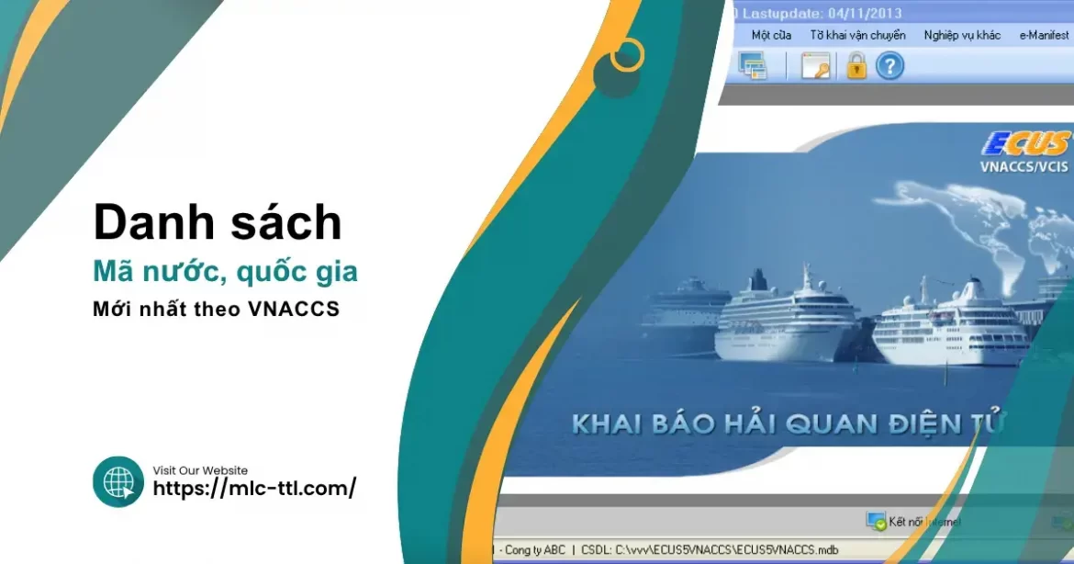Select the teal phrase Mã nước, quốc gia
[225, 272]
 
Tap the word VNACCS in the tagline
[294, 310]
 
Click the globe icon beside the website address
[118, 481]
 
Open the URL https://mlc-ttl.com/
[254, 489]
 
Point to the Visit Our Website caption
[200, 470]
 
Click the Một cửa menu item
[771, 35]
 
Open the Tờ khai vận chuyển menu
[857, 35]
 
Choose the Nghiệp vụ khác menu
[962, 35]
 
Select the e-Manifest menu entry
[1044, 35]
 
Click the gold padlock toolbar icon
[856, 66]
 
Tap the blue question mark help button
[889, 66]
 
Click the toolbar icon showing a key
[815, 66]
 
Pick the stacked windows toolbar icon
[753, 66]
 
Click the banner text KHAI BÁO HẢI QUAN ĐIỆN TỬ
[789, 424]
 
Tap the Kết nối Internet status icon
[876, 521]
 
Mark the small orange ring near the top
[628, 55]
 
